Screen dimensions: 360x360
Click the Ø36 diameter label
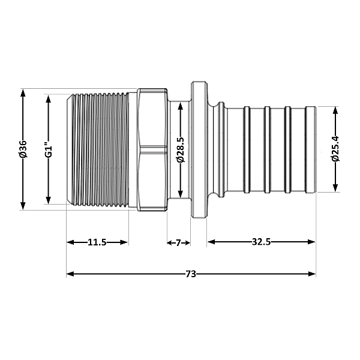(x=23, y=149)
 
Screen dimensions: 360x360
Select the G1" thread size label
(x=49, y=149)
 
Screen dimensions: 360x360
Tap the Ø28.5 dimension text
(x=180, y=149)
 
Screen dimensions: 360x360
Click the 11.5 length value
(x=97, y=242)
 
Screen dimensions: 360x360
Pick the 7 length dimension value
(x=178, y=242)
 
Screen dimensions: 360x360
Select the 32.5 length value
(x=261, y=242)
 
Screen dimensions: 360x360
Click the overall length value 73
(x=191, y=274)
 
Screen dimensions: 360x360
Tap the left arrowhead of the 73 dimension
(x=70, y=274)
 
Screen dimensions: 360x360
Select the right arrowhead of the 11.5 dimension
(x=125, y=242)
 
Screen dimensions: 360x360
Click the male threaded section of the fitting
(x=99, y=149)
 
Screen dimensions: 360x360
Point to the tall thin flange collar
(x=197, y=149)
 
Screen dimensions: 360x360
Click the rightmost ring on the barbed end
(x=310, y=149)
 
